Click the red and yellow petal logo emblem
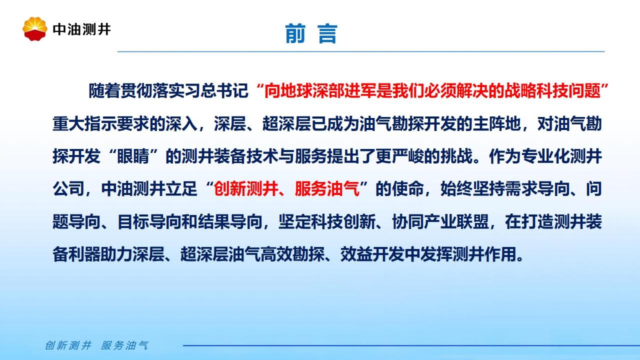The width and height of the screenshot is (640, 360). click(35, 29)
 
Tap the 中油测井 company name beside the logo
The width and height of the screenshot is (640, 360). click(81, 29)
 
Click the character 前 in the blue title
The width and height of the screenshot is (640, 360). click(295, 33)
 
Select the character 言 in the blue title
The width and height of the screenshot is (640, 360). click(327, 33)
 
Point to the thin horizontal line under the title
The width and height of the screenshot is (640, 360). click(361, 51)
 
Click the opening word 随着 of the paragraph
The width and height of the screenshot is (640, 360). click(104, 91)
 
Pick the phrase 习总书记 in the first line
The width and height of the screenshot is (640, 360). click(216, 91)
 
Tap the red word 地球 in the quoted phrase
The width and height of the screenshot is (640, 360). click(296, 91)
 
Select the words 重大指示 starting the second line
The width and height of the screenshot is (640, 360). click(84, 123)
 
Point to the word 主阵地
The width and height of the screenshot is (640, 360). click(496, 123)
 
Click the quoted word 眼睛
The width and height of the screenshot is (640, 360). click(133, 156)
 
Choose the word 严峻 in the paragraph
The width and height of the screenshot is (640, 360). click(408, 156)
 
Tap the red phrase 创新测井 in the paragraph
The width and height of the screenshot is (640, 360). click(245, 189)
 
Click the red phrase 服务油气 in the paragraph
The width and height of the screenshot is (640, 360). click(327, 189)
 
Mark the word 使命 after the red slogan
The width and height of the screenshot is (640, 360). click(407, 189)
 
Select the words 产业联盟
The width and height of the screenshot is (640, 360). click(456, 221)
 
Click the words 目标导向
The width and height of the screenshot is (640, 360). click(149, 221)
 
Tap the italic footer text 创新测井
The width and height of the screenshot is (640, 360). click(68, 345)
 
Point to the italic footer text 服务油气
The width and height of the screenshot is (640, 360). click(124, 345)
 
